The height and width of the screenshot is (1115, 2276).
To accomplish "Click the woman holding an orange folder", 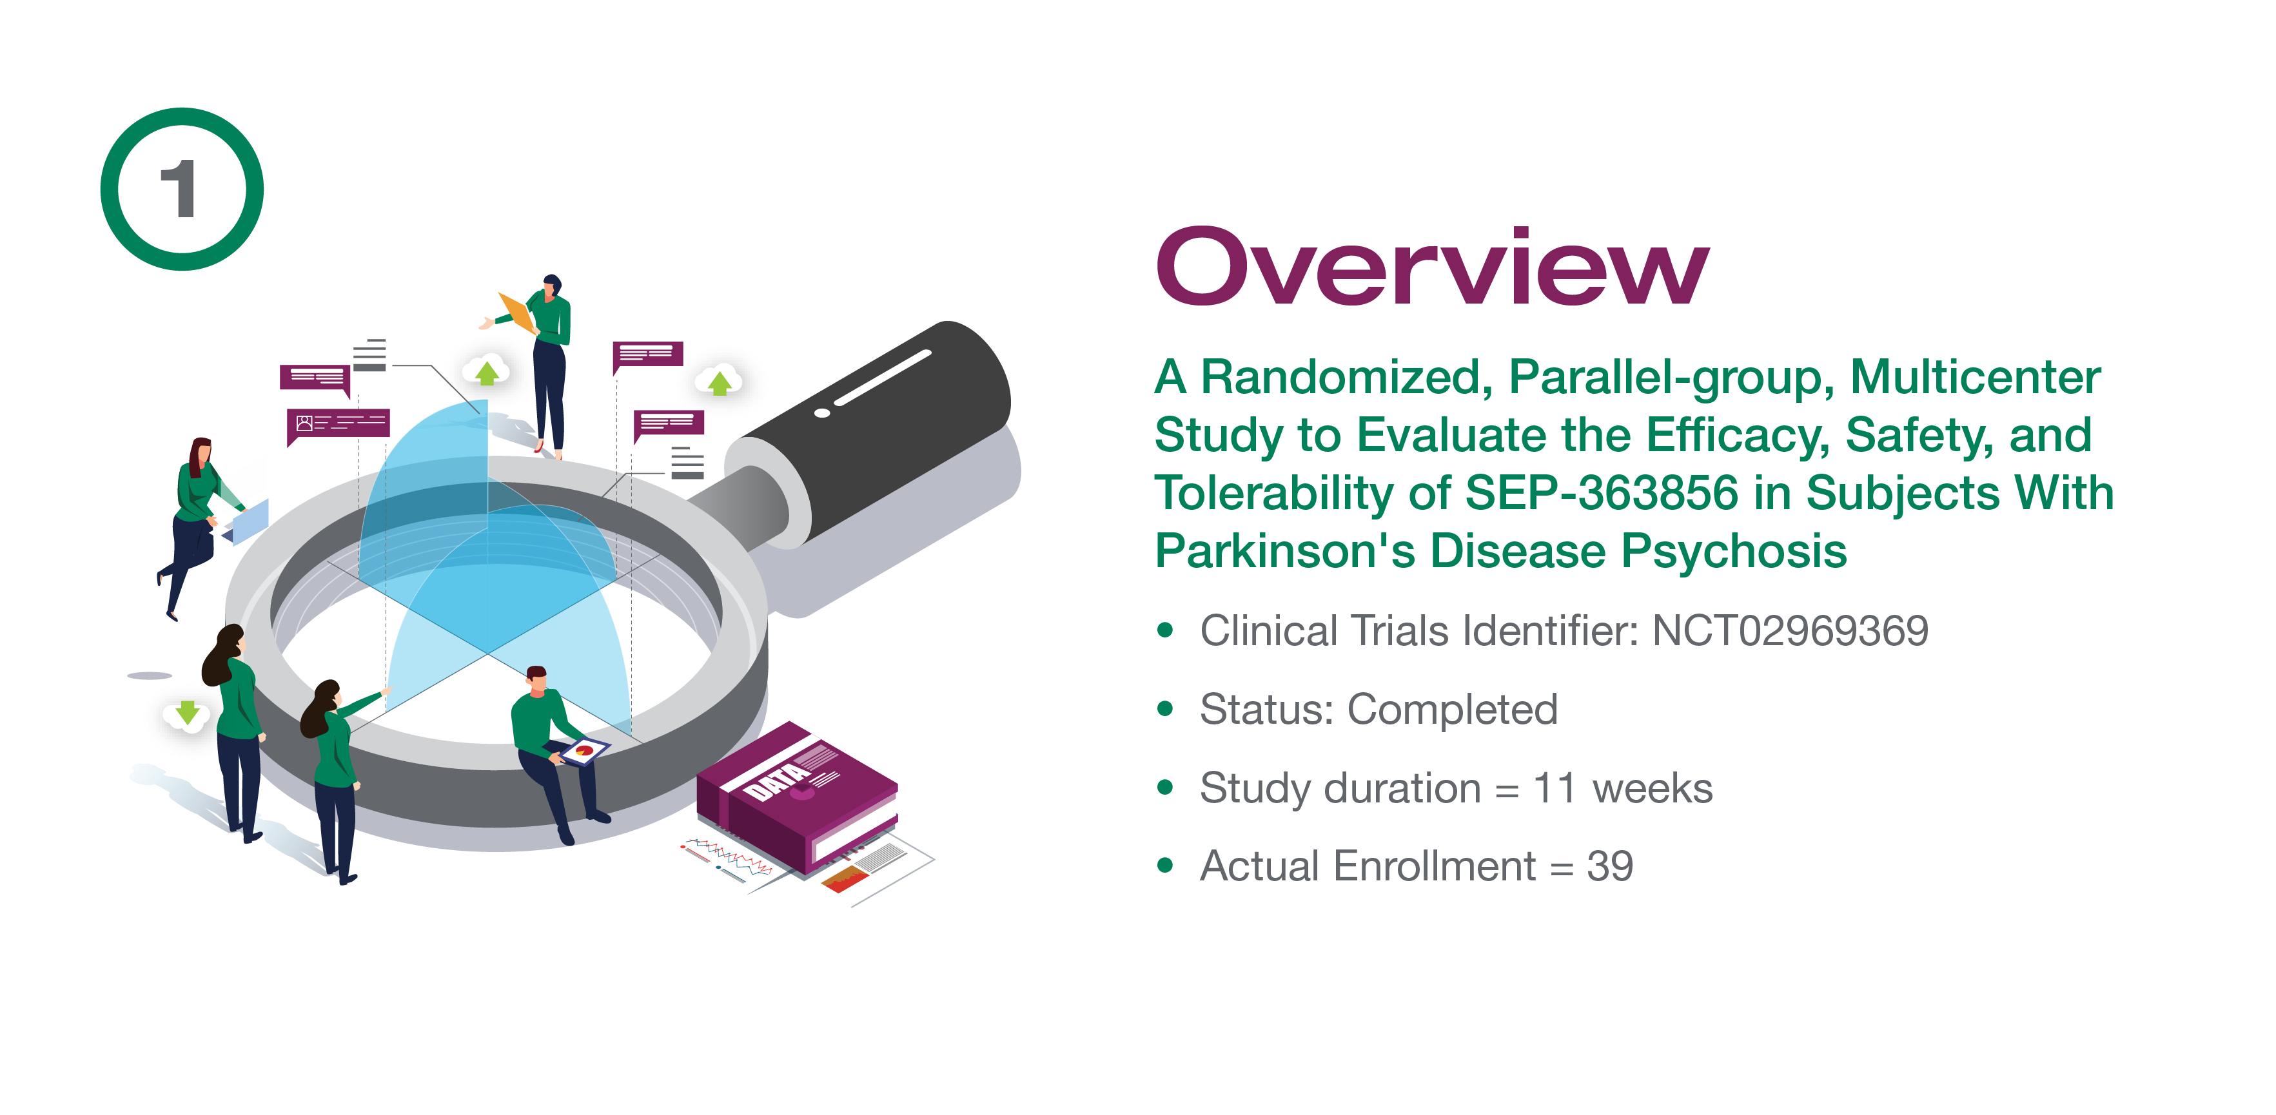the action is point(539,362).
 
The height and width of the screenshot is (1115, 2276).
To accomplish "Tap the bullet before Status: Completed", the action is point(1165,708).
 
